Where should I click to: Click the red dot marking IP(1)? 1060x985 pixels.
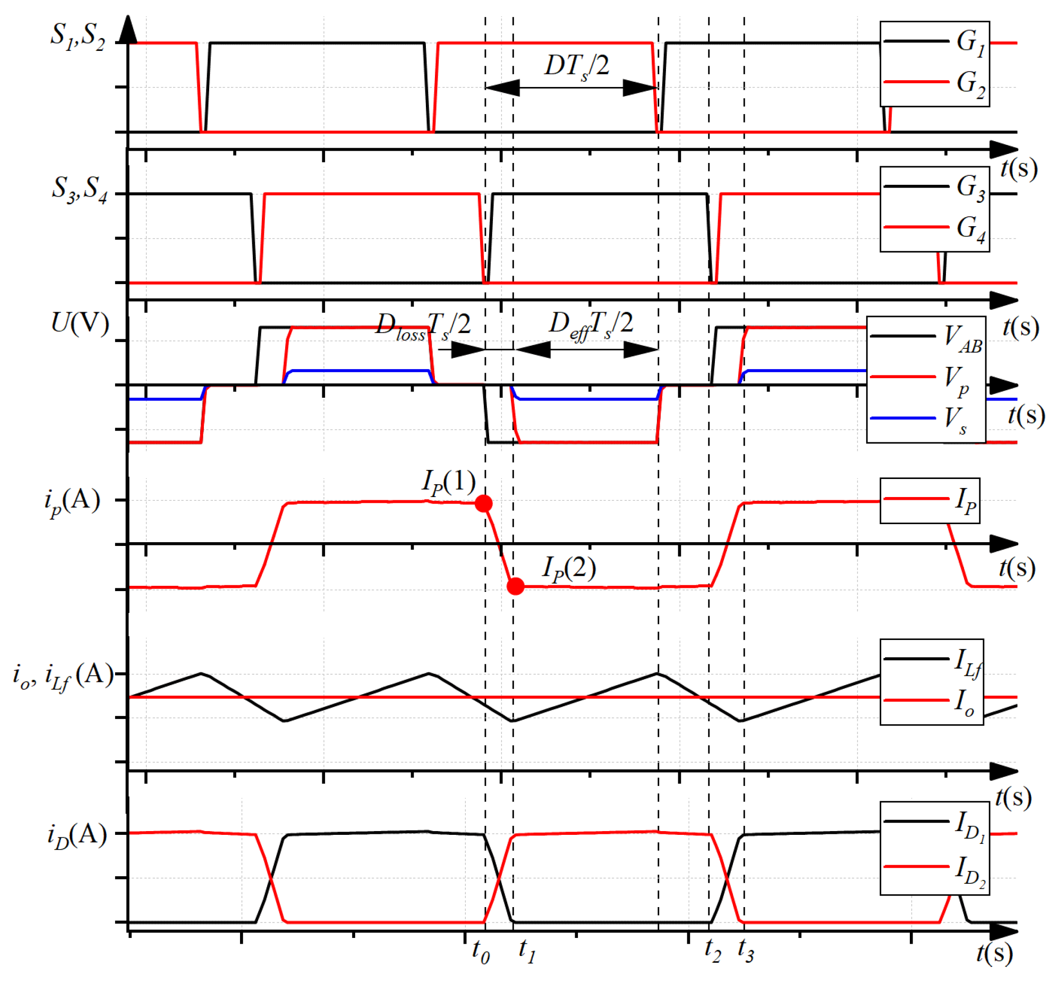coord(483,504)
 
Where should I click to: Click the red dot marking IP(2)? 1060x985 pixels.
coord(515,586)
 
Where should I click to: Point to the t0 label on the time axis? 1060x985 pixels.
coord(481,951)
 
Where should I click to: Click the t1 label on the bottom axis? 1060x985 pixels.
coord(527,951)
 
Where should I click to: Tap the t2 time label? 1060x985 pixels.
coord(713,950)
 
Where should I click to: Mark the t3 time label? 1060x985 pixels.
coord(746,950)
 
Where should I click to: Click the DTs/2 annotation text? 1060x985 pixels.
coord(577,67)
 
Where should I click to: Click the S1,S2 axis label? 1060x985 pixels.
coord(78,36)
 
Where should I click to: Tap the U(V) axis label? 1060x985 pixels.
coord(80,323)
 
